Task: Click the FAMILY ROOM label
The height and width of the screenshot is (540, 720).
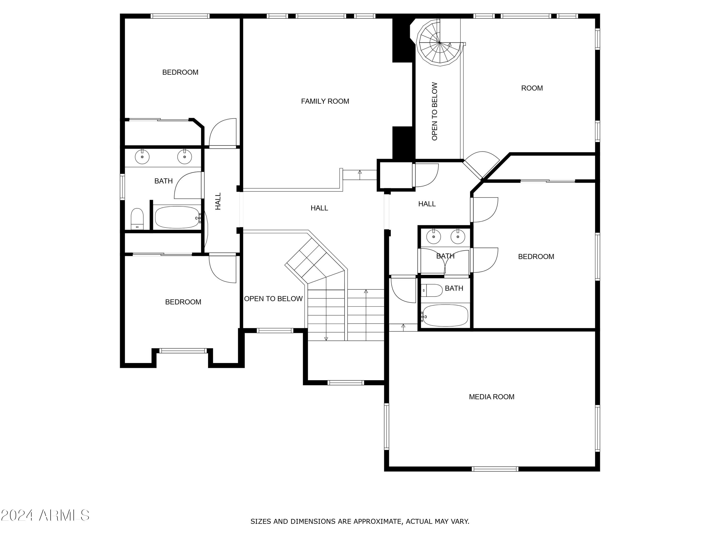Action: pos(325,101)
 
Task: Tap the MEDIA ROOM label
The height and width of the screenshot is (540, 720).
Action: pos(492,397)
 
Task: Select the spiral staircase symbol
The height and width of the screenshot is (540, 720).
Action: pos(439,43)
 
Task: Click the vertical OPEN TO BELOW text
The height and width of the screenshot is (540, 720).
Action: pos(435,111)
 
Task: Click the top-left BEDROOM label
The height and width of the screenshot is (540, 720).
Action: pos(180,72)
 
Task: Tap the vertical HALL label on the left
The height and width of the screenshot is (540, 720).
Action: pos(218,201)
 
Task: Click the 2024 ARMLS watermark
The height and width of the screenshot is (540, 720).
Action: pos(45,515)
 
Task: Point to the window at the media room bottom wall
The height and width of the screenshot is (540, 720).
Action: pos(495,469)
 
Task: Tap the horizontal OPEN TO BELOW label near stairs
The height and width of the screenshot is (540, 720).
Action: pos(273,299)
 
